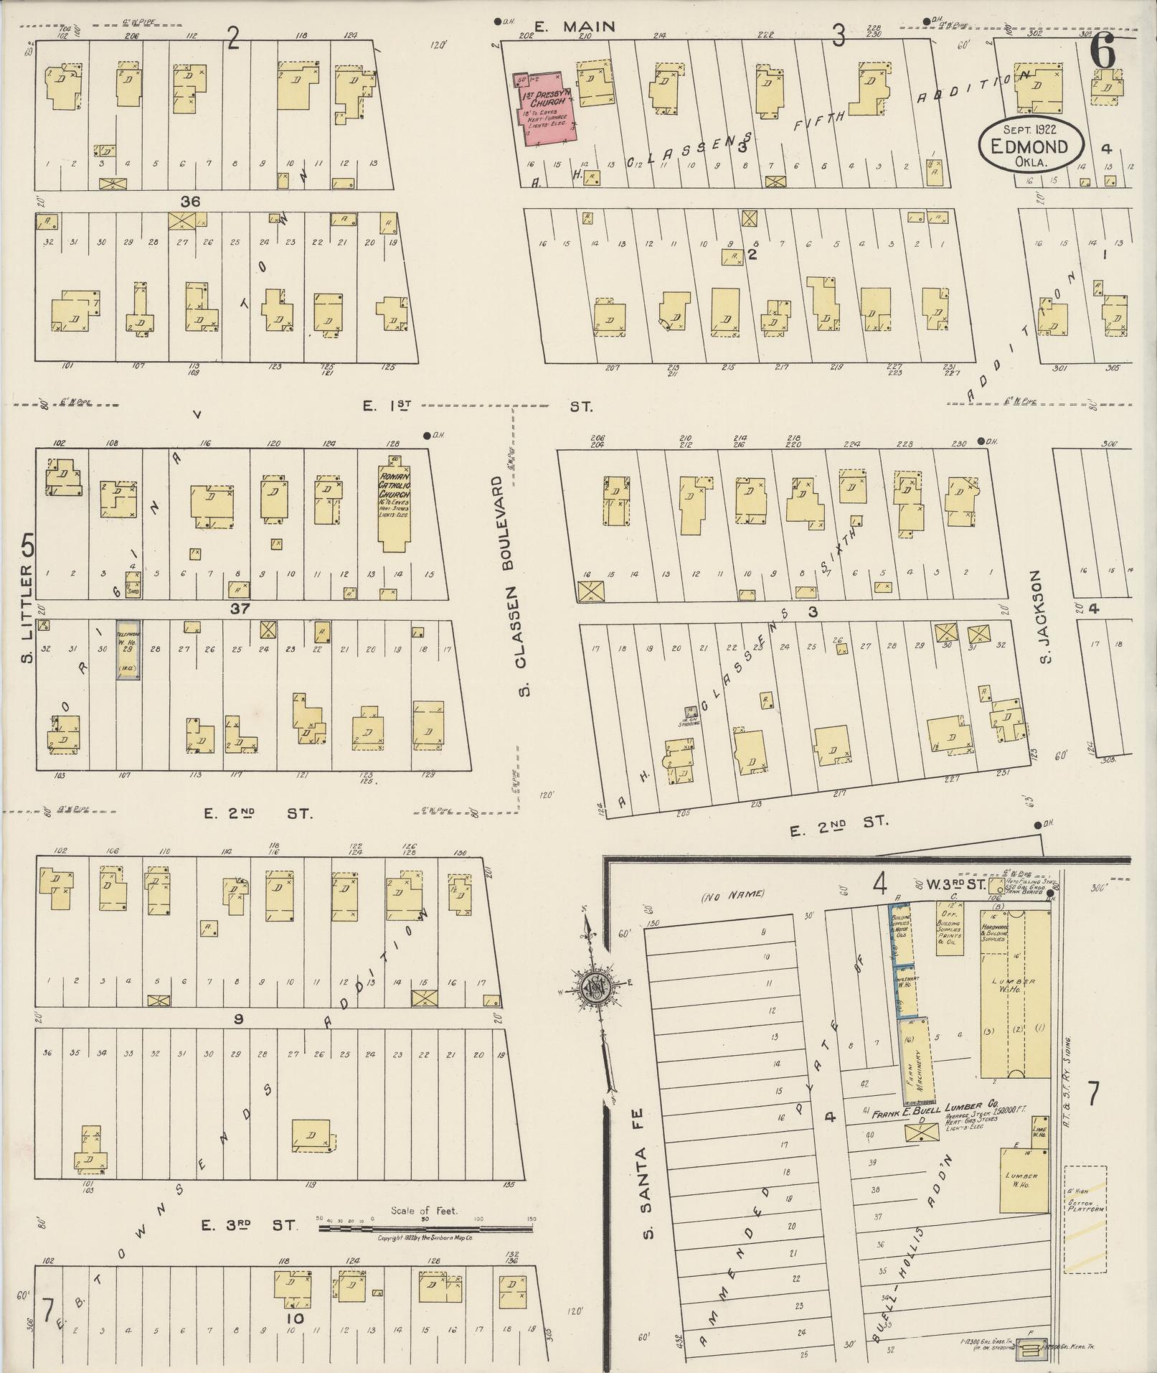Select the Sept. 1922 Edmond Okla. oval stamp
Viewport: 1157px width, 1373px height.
coord(1031,144)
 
